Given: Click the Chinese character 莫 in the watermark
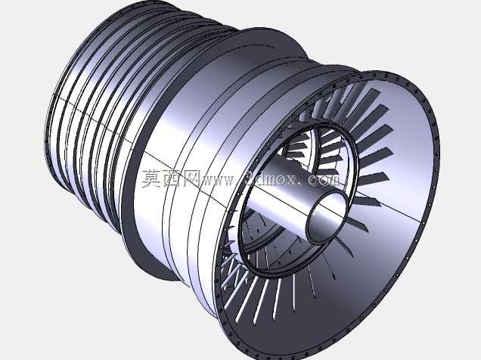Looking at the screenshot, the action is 151,178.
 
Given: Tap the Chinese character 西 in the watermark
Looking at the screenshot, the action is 171,178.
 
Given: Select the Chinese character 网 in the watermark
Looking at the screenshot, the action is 191,178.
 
